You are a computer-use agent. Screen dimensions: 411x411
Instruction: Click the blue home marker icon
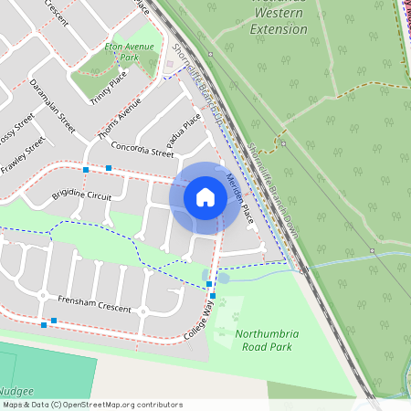[x=205, y=197]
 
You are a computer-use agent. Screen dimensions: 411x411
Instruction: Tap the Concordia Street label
[x=142, y=149]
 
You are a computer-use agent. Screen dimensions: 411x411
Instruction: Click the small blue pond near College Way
[x=223, y=278]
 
